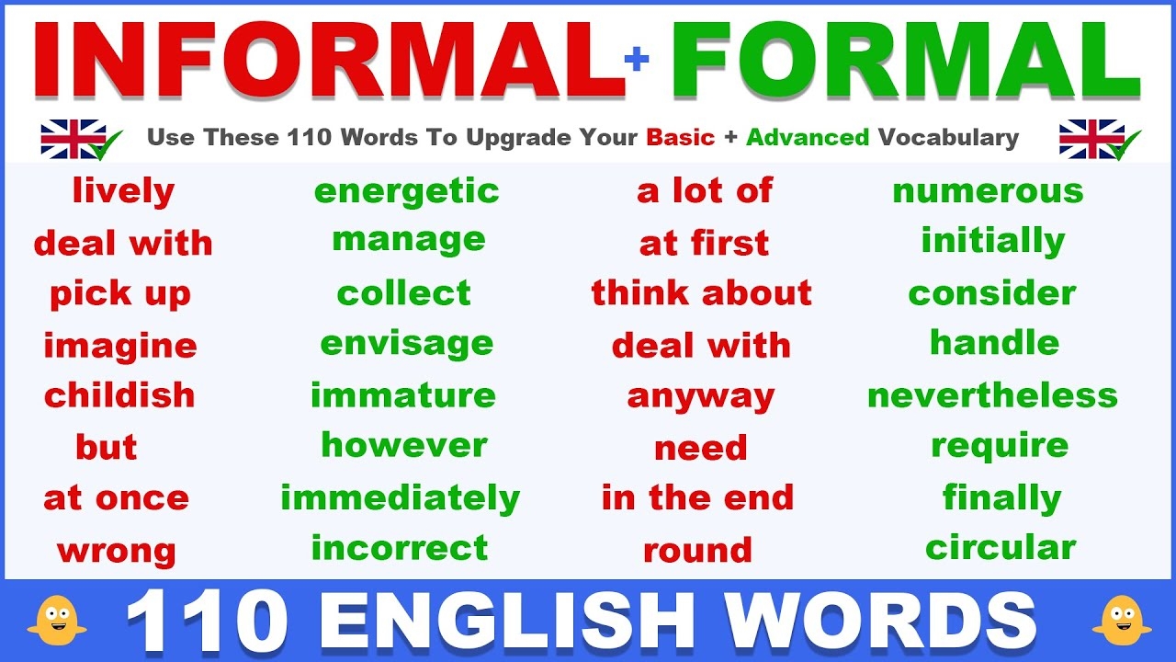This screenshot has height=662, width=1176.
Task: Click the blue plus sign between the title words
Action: point(636,60)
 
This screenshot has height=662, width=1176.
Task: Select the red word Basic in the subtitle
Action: point(680,138)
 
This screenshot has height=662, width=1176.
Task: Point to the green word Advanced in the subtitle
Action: point(808,138)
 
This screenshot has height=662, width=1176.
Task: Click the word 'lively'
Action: point(123,191)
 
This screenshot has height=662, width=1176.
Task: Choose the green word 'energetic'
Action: point(406,191)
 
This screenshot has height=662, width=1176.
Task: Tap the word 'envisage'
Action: point(406,344)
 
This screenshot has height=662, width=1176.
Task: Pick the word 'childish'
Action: point(119,395)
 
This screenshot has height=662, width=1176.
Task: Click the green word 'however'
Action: point(404,445)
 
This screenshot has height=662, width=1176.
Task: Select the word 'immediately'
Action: point(400,498)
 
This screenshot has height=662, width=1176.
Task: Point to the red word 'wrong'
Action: point(116,552)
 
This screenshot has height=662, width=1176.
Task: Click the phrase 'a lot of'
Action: point(705,191)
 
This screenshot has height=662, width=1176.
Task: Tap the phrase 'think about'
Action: point(702,293)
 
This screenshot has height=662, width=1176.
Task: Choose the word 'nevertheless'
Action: point(992,395)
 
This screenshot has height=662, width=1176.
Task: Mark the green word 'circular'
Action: point(1001,548)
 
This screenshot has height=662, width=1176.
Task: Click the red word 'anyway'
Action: point(701,397)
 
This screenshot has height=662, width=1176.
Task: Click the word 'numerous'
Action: point(988,191)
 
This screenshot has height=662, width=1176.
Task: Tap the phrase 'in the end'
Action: point(697,498)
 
